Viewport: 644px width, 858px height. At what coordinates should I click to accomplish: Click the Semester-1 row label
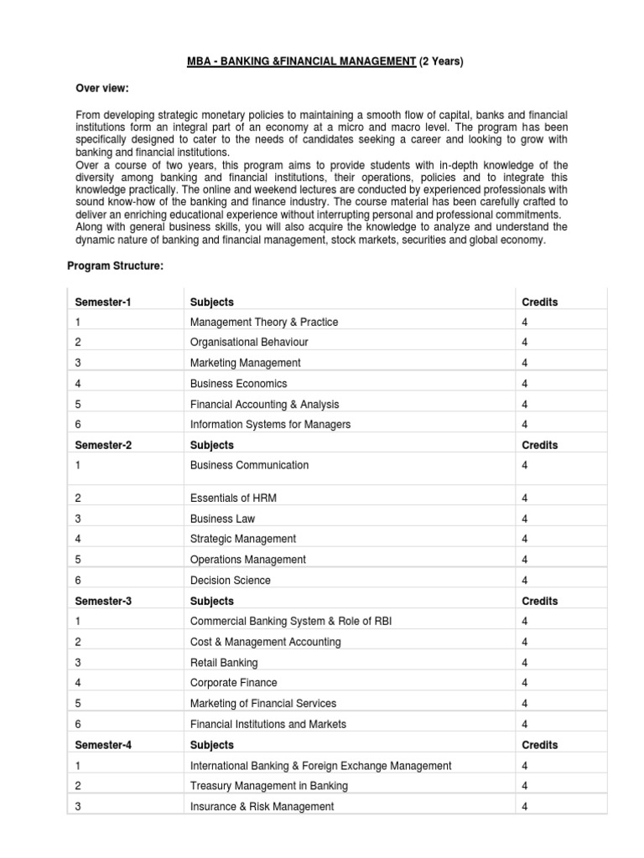(103, 302)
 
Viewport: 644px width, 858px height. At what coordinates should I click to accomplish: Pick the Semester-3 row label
(103, 601)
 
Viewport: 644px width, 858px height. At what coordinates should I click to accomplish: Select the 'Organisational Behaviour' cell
(249, 342)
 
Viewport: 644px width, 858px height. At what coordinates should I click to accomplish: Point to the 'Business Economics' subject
(238, 383)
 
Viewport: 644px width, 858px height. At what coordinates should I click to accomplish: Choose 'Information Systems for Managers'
(270, 424)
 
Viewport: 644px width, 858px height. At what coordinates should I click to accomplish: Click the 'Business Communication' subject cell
(249, 465)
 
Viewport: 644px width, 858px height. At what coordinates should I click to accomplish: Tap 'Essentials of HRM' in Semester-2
(233, 498)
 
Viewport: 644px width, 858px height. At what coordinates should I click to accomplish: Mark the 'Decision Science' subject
(231, 580)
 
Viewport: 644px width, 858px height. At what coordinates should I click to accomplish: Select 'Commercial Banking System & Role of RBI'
(290, 621)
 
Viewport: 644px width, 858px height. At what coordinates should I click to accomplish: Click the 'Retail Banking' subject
(224, 662)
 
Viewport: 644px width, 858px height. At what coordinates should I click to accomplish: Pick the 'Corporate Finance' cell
(233, 683)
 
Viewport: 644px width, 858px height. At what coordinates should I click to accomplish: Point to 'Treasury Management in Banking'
(269, 786)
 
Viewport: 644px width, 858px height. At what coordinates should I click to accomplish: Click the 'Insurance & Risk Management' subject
(262, 806)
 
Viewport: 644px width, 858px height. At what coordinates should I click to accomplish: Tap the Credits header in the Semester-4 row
(539, 745)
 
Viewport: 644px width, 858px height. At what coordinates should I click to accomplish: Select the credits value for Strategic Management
(525, 539)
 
